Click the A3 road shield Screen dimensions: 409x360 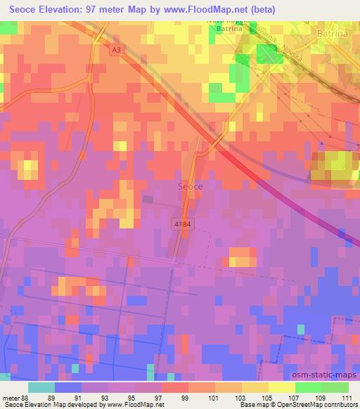(115, 51)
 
